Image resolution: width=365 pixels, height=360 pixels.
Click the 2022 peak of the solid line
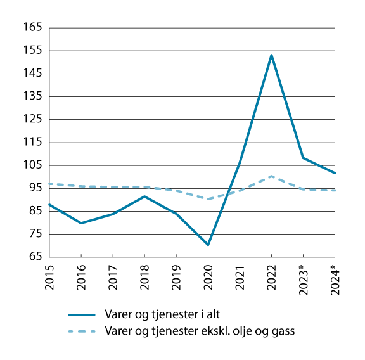[x=271, y=55]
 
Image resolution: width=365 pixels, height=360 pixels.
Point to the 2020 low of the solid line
[x=208, y=245]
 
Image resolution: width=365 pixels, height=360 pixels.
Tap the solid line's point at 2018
[x=144, y=196]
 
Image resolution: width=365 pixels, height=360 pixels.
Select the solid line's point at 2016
[x=81, y=223]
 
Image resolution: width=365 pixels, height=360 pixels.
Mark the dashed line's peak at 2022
[x=271, y=176]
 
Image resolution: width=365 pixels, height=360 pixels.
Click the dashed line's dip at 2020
[x=208, y=199]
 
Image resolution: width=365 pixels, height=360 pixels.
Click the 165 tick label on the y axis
[x=32, y=28]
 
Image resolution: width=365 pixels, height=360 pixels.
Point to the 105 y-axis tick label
[x=32, y=165]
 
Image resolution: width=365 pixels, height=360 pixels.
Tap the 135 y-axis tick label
[x=32, y=97]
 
